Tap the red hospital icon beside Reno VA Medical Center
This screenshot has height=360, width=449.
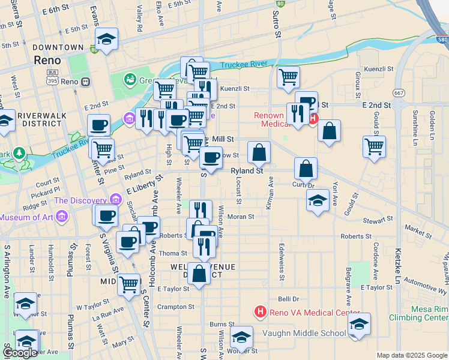coord(261,312)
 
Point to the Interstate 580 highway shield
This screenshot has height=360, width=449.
coord(441,39)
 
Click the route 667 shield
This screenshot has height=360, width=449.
coord(398,93)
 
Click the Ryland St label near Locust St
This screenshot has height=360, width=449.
coord(247,171)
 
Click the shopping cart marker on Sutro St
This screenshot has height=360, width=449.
coord(289,77)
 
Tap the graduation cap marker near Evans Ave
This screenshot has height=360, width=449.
coord(106,40)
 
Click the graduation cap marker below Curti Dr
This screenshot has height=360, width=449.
coord(317,200)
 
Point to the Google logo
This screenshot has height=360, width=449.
coord(20,353)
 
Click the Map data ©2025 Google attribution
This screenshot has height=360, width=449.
coord(412,355)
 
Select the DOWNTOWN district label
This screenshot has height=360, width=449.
coord(58,47)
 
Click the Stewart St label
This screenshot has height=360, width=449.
coord(378,221)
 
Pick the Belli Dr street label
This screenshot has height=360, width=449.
coord(288,298)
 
